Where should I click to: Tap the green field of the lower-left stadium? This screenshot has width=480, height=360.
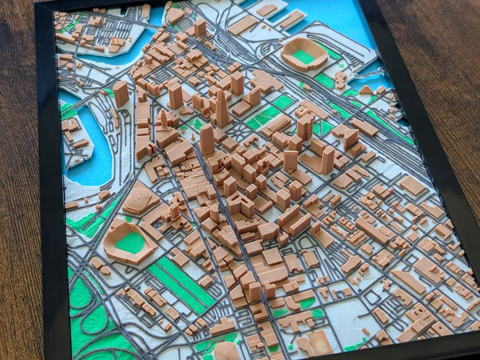click(x=130, y=242)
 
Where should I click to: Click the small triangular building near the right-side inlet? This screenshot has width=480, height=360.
click(x=365, y=90)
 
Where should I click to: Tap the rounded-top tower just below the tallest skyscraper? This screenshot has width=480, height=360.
click(x=207, y=139)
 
